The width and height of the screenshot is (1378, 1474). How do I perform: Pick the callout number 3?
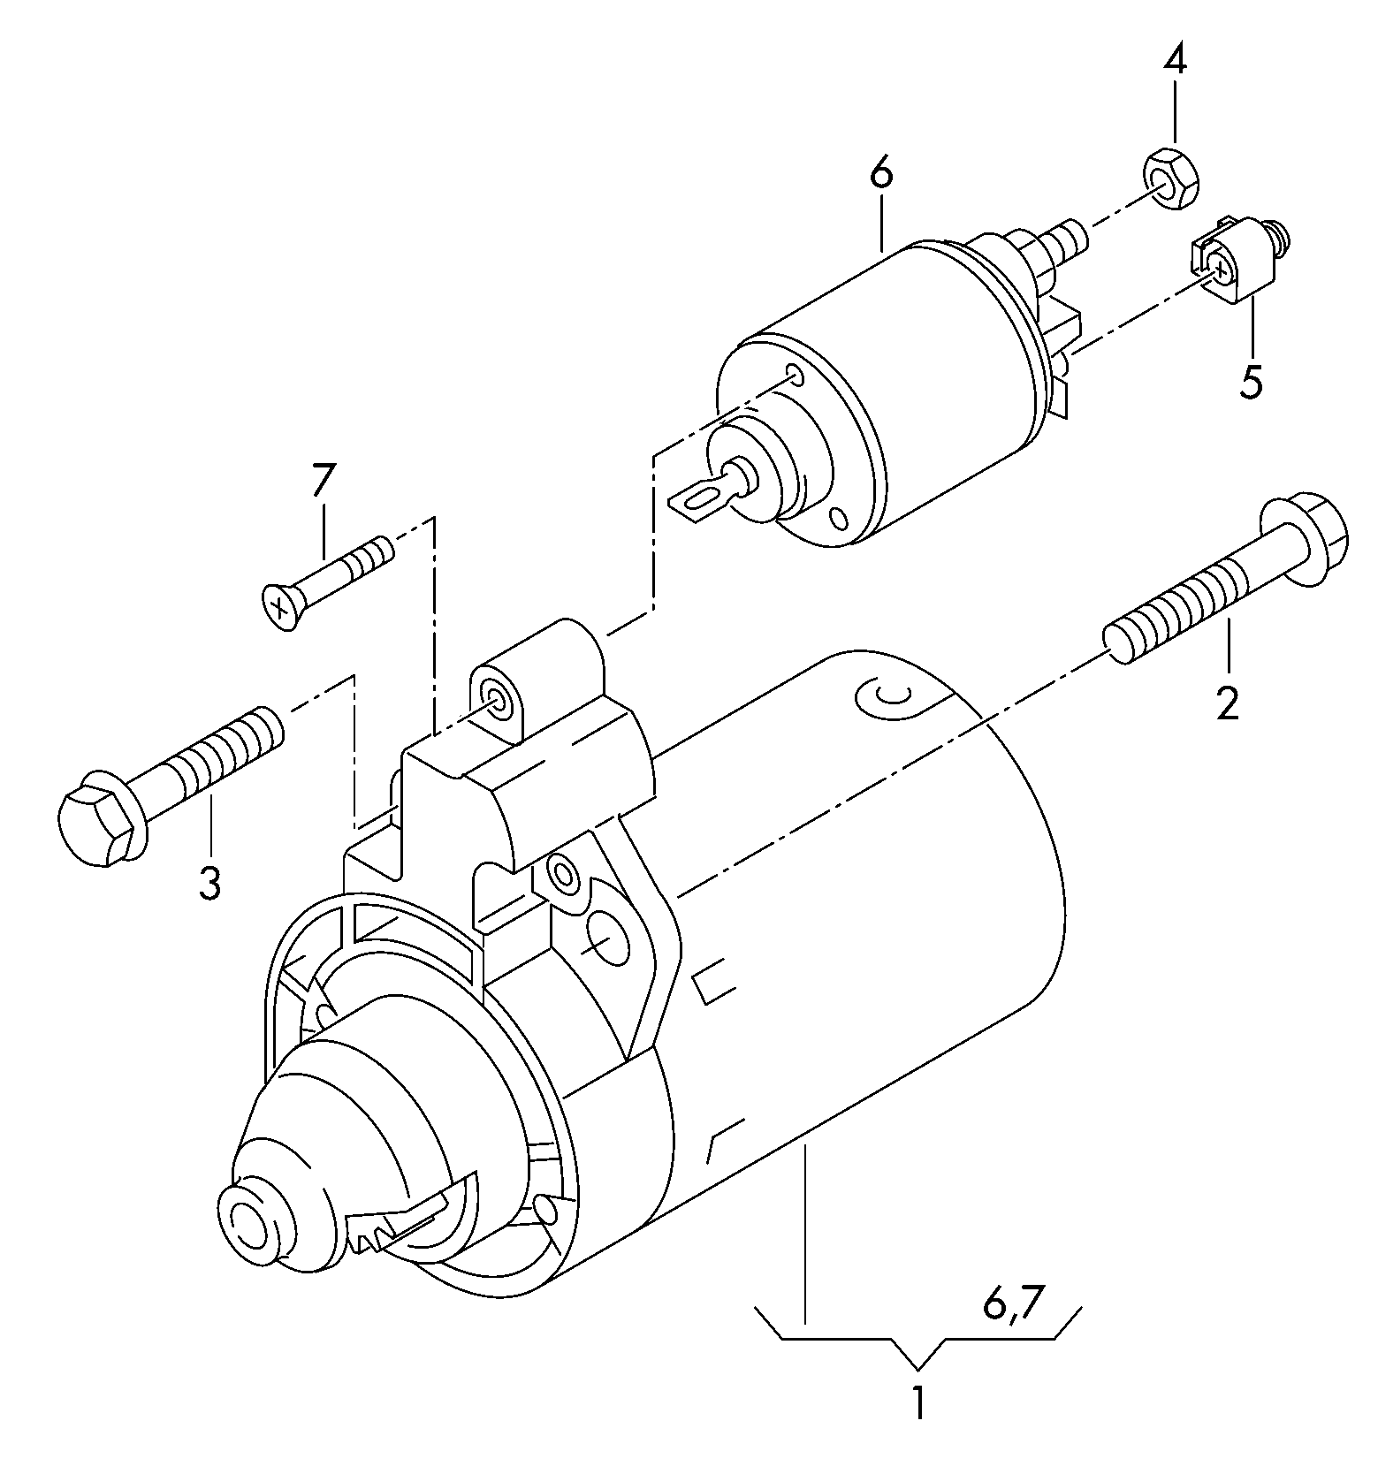click(209, 883)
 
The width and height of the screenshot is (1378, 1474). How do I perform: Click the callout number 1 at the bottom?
click(919, 1404)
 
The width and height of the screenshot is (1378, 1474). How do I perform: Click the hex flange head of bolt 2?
click(1306, 543)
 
